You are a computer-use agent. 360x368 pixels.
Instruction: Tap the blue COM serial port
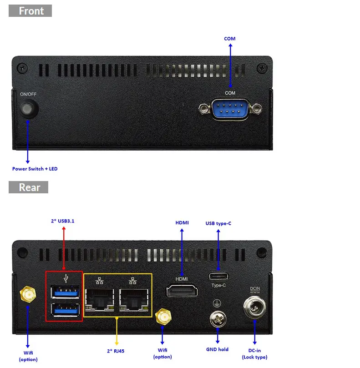pyautogui.click(x=230, y=109)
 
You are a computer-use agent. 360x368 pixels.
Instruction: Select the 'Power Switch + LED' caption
pyautogui.click(x=35, y=169)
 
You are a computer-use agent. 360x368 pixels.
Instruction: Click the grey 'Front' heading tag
pyautogui.click(x=30, y=10)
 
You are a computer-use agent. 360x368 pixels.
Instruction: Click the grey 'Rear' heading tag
pyautogui.click(x=28, y=187)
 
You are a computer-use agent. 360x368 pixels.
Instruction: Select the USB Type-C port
pyautogui.click(x=218, y=276)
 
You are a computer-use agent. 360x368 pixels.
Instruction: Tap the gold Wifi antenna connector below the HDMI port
pyautogui.click(x=162, y=318)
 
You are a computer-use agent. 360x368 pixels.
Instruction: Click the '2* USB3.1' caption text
pyautogui.click(x=63, y=221)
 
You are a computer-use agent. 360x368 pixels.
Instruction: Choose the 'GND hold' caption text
pyautogui.click(x=218, y=349)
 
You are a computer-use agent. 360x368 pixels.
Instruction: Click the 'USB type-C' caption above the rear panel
pyautogui.click(x=218, y=223)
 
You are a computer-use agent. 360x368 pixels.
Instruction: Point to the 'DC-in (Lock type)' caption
pyautogui.click(x=255, y=353)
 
